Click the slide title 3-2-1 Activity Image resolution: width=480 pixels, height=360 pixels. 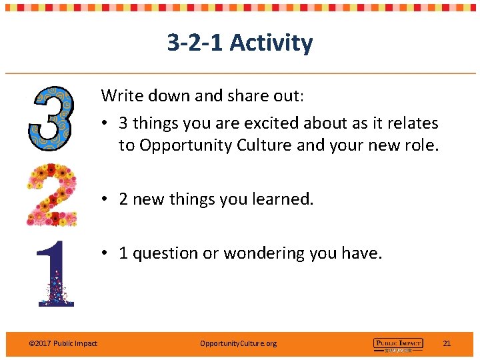pyautogui.click(x=239, y=43)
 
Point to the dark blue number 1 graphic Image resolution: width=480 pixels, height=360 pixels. pyautogui.click(x=55, y=273)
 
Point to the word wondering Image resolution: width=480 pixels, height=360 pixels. pyautogui.click(x=265, y=253)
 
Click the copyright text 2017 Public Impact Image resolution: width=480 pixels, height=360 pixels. pyautogui.click(x=63, y=343)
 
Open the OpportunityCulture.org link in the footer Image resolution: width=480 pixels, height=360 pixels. pyautogui.click(x=238, y=343)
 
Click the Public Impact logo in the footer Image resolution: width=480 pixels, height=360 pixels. pyautogui.click(x=397, y=344)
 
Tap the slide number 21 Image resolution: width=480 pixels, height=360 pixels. pyautogui.click(x=447, y=343)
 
